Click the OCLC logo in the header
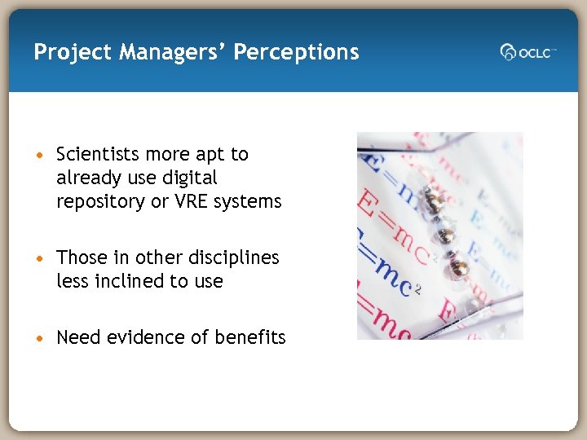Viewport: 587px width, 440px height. [527, 52]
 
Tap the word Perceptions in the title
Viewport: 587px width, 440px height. [296, 53]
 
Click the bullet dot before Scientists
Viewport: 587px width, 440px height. [40, 155]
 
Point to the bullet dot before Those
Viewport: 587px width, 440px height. [40, 258]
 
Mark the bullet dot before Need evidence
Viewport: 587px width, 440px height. [40, 338]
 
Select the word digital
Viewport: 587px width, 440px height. [188, 178]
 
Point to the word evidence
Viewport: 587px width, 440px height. [144, 337]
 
